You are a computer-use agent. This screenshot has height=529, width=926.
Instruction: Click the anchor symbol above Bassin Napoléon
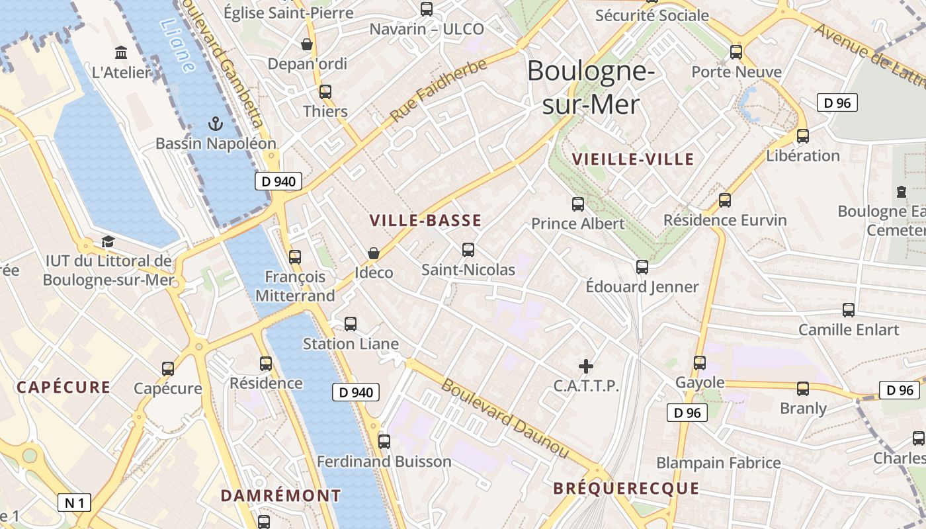pos(215,124)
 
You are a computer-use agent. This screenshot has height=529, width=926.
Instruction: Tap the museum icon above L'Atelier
pos(121,52)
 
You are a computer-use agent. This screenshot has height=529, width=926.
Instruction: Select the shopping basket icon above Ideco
pos(374,253)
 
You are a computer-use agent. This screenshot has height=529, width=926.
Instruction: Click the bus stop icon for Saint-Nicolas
pos(468,250)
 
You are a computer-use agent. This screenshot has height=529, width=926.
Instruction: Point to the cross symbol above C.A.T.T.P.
pos(586,366)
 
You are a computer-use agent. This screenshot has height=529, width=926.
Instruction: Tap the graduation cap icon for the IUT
pos(108,242)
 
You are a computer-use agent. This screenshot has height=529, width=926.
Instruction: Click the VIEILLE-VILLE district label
pos(633,159)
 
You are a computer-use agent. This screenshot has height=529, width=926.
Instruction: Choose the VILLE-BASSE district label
pos(425,221)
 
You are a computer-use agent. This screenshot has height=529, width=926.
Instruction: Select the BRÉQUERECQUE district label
pos(626,489)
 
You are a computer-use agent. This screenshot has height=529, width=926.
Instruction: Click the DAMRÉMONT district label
pos(280,495)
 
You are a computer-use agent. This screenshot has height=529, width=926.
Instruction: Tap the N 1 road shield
pos(74,503)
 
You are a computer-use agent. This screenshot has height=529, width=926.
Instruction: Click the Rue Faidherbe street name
pos(438,91)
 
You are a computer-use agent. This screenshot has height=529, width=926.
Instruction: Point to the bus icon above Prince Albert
pos(578,204)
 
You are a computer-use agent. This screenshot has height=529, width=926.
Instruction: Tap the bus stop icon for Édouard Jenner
pos(642,267)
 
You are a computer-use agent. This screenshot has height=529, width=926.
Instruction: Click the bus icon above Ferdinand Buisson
pos(384,442)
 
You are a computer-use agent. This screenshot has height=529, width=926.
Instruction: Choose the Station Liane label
pos(351,344)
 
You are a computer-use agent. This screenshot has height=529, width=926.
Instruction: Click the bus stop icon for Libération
pos(803,136)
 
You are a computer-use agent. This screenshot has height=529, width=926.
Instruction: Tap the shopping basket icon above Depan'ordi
pos(307,44)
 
